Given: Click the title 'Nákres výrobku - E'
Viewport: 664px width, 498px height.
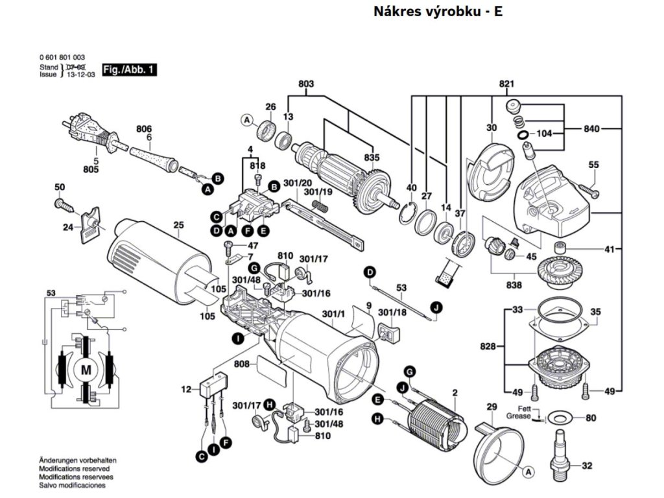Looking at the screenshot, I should click(x=438, y=12).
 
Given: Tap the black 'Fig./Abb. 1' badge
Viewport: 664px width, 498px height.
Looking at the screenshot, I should click(x=130, y=69).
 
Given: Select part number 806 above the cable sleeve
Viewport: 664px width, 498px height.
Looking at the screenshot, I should click(x=143, y=129).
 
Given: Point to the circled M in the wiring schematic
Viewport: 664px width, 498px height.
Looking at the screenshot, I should click(x=86, y=370).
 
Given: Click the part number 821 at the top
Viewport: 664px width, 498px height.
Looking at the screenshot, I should click(x=506, y=84).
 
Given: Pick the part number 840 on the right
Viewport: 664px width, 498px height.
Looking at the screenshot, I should click(x=591, y=129).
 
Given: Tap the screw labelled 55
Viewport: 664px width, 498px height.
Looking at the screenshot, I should click(x=588, y=189).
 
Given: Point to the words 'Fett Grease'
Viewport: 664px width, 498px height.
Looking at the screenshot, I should click(x=518, y=412).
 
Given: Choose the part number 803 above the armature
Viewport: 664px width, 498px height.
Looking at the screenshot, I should click(x=306, y=84).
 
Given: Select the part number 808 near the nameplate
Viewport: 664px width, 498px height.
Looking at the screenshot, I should click(x=242, y=364).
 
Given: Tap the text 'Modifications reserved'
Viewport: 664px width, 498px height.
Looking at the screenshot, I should click(x=74, y=468).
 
